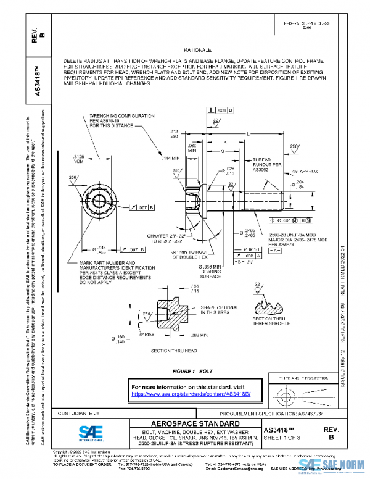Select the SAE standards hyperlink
click(194, 394)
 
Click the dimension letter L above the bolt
click(247, 134)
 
